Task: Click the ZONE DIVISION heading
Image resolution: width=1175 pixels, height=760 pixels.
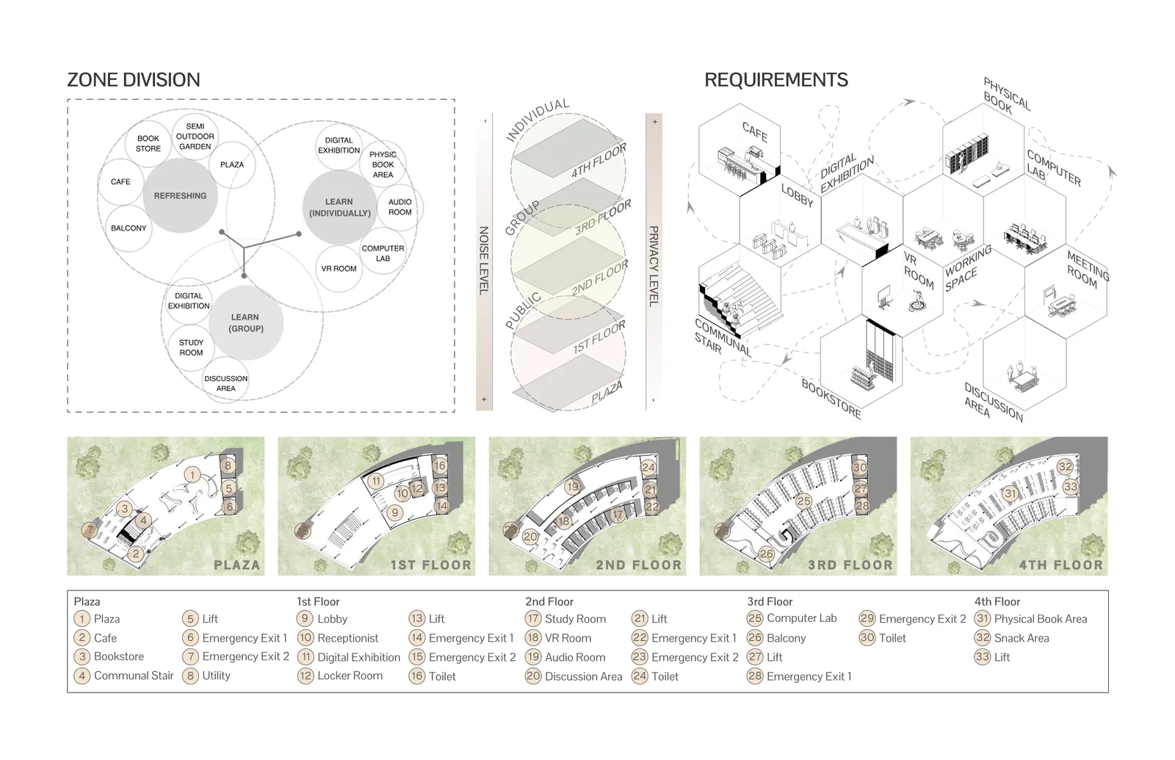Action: point(134,80)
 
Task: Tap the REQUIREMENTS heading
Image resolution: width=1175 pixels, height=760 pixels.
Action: point(775,80)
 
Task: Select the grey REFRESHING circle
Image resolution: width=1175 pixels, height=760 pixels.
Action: point(181,195)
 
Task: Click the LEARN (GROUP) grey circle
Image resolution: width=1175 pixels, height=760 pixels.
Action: point(246,322)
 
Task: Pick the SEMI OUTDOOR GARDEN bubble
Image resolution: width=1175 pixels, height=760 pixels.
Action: point(195,137)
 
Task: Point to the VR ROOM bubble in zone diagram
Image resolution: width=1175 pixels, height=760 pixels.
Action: point(339,269)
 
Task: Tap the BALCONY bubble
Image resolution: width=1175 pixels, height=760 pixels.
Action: point(129,228)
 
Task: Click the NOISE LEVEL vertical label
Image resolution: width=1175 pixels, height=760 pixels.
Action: point(484,260)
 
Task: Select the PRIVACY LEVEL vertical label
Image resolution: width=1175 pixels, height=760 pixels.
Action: point(654,267)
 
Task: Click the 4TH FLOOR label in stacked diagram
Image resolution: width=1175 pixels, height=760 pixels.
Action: point(599,160)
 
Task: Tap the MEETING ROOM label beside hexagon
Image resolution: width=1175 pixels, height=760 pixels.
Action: point(1086,269)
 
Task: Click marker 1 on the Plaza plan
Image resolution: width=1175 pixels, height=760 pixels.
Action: point(192,475)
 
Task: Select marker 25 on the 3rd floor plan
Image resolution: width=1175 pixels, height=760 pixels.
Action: point(803,502)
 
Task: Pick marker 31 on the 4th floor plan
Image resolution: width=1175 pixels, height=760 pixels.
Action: point(1010,493)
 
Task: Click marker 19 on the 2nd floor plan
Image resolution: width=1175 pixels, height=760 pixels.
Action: point(572,486)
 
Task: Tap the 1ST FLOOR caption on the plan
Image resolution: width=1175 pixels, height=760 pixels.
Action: point(430,565)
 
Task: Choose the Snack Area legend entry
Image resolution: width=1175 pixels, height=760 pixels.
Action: point(1012,638)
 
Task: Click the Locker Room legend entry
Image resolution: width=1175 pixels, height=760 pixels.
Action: point(341,676)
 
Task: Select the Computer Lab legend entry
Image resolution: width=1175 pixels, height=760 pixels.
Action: point(792,618)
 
